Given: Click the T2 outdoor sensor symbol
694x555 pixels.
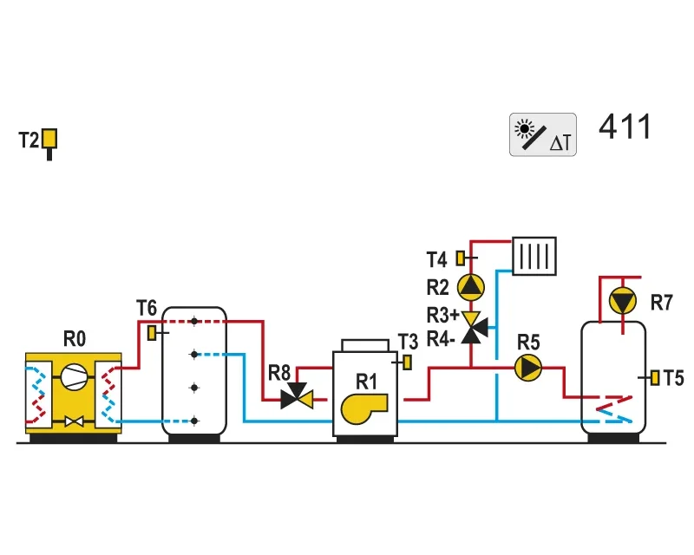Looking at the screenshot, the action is (x=49, y=142).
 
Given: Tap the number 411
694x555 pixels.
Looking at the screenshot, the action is (x=625, y=127).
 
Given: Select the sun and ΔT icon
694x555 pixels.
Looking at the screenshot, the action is (x=543, y=134).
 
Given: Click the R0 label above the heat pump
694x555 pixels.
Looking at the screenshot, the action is (x=75, y=339).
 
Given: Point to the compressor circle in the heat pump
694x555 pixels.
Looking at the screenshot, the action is (x=74, y=377).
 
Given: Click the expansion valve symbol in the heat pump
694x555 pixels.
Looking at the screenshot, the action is (x=74, y=421).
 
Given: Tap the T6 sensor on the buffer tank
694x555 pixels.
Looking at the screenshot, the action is (x=153, y=333).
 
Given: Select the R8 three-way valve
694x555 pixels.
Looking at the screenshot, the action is (x=297, y=396).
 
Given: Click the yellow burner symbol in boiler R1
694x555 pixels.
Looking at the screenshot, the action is (x=363, y=408).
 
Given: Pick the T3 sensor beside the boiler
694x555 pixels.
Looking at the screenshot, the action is (x=407, y=362).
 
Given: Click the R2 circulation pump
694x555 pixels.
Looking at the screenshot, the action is (x=470, y=287).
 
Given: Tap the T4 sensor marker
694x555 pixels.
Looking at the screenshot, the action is (x=462, y=258).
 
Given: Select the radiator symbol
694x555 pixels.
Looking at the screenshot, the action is (x=534, y=256).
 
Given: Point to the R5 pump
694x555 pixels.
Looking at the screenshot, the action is (x=528, y=368).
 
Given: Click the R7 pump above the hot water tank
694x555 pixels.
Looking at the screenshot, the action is (x=623, y=301).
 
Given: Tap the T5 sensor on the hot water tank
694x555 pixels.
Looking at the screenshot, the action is (x=655, y=378).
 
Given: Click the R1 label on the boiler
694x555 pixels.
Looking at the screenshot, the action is (x=366, y=382).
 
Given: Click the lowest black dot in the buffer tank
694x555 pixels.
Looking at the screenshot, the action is (x=193, y=421).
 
